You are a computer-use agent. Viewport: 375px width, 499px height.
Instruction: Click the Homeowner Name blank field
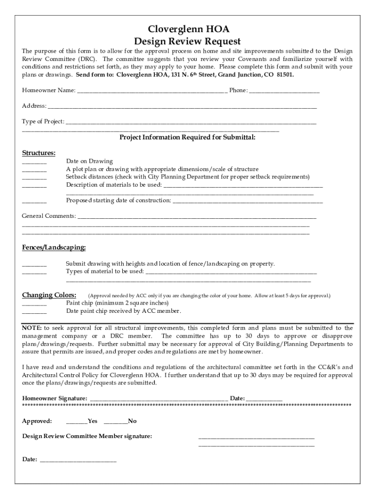click(x=151, y=91)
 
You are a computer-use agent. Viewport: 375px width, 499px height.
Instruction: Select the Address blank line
click(x=182, y=106)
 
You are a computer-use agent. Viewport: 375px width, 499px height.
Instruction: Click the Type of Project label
click(x=43, y=121)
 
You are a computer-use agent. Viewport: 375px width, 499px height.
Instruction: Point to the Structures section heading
click(x=38, y=153)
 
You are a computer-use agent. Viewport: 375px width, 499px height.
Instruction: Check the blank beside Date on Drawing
click(x=34, y=162)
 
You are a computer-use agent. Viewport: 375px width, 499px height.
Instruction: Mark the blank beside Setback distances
click(x=34, y=177)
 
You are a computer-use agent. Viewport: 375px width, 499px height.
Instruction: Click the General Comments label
click(x=49, y=215)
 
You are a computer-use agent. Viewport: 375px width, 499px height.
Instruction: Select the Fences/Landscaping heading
click(x=54, y=248)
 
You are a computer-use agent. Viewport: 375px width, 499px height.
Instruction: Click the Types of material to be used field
click(x=231, y=271)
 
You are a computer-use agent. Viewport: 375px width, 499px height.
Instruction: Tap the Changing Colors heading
click(x=49, y=295)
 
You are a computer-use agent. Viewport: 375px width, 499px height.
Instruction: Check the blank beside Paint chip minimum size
click(x=34, y=303)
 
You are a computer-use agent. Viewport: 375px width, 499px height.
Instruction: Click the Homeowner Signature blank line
click(x=158, y=398)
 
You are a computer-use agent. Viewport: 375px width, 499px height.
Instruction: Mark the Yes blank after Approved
click(x=76, y=421)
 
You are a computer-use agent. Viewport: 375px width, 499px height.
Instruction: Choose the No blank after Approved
click(x=115, y=421)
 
